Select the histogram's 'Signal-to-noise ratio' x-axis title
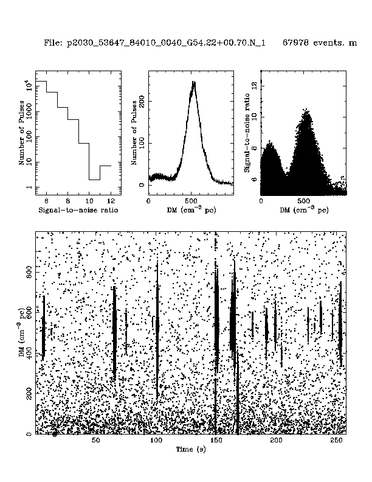(78, 210)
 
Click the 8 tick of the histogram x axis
(67, 200)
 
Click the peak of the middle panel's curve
(193, 83)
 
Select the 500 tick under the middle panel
(191, 200)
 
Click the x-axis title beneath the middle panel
(191, 210)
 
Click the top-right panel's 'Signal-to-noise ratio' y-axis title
(248, 132)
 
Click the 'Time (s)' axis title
(191, 449)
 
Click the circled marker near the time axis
(55, 433)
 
